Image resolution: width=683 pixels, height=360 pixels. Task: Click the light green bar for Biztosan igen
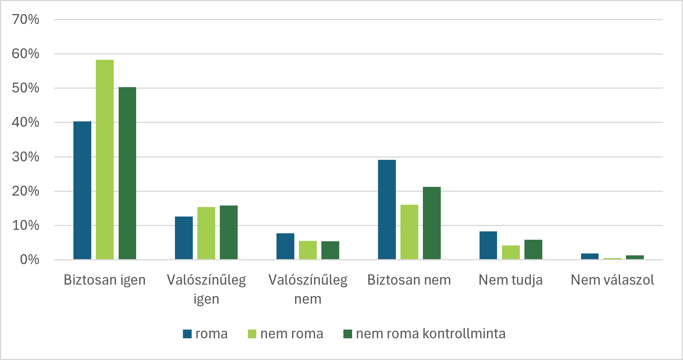pos(105,159)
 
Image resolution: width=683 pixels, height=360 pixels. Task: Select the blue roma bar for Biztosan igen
pos(82,190)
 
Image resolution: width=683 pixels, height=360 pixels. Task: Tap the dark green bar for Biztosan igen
pos(127,173)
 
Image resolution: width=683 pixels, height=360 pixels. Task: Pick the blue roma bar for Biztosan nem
pos(387,210)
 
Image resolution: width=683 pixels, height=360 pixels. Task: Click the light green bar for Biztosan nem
pos(409,232)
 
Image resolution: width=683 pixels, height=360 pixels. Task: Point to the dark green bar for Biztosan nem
pos(432,223)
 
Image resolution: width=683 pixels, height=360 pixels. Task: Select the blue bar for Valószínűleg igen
pos(184,238)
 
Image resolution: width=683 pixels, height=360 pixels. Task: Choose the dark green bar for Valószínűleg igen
pos(229,233)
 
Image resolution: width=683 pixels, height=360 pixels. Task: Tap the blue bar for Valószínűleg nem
pos(285,246)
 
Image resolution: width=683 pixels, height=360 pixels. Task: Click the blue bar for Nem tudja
pos(488,245)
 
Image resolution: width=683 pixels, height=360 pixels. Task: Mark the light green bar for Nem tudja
pos(511,252)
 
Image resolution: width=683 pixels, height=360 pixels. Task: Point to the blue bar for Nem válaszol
pos(590,256)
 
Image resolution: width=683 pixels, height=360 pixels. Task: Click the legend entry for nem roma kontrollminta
pos(424,334)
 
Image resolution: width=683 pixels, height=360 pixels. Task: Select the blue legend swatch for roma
pos(187,334)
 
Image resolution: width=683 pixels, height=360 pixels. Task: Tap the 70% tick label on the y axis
pos(25,19)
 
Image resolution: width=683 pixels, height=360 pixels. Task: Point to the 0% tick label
pos(30,260)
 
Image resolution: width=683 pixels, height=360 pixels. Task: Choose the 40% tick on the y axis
pos(25,122)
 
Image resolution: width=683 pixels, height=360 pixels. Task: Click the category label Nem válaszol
pos(612,280)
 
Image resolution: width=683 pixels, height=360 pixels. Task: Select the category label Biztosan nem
pos(409,280)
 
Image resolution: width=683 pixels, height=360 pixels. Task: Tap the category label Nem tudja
pos(511,280)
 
